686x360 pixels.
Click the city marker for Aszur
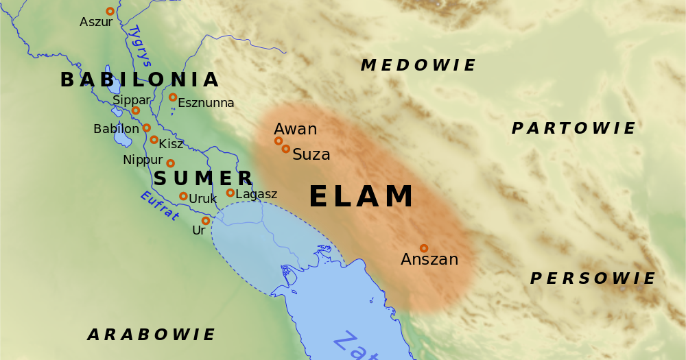[x=110, y=11]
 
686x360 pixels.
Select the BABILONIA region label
[x=139, y=80]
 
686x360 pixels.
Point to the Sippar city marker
[x=135, y=110]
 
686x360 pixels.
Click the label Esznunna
[x=206, y=103]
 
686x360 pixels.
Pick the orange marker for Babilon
[x=146, y=128]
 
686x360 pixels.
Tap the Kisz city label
[x=171, y=144]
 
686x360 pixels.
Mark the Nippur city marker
[x=170, y=163]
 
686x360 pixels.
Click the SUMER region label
[x=193, y=179]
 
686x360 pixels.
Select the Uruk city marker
[x=183, y=196]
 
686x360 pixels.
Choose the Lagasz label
[x=256, y=194]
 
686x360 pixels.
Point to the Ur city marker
[x=205, y=221]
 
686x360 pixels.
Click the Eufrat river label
[x=159, y=206]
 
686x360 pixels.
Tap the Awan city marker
[x=278, y=141]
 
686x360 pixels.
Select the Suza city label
[x=311, y=155]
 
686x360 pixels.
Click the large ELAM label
[x=362, y=197]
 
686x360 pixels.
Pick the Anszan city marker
[x=423, y=248]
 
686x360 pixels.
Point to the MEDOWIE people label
[x=418, y=66]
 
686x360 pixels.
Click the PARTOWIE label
[x=573, y=128]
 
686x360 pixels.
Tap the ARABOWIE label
[x=151, y=335]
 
